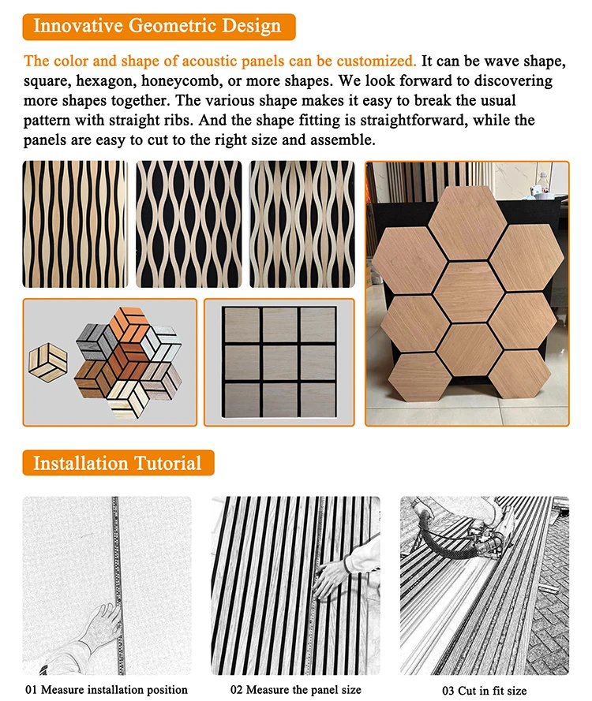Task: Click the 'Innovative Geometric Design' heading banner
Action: pyautogui.click(x=158, y=26)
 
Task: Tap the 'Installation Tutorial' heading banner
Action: pyautogui.click(x=118, y=462)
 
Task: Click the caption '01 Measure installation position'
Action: pyautogui.click(x=107, y=690)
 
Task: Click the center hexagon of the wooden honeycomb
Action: pyautogui.click(x=466, y=291)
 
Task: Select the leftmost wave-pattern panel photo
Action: pyautogui.click(x=73, y=224)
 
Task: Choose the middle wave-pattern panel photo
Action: pyautogui.click(x=189, y=224)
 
